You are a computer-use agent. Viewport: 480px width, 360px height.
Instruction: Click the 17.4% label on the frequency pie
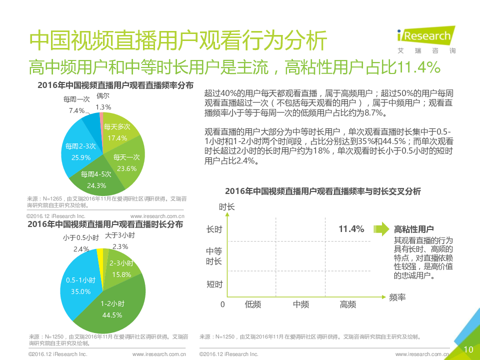pyautogui.click(x=117, y=138)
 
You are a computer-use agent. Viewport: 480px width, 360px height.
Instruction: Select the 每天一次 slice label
pyautogui.click(x=126, y=157)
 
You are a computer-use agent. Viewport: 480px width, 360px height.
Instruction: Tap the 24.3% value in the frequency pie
pyautogui.click(x=96, y=185)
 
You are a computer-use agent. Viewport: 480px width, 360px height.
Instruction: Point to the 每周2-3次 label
pyautogui.click(x=80, y=146)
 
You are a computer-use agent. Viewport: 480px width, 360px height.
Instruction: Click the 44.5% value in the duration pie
pyautogui.click(x=111, y=315)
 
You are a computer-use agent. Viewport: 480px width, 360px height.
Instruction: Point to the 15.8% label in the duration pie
pyautogui.click(x=121, y=274)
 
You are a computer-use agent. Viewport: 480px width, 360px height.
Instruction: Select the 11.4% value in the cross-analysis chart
pyautogui.click(x=351, y=229)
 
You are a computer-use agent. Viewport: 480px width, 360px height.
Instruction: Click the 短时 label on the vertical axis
pyautogui.click(x=214, y=284)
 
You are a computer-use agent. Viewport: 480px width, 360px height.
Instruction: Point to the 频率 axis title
pyautogui.click(x=397, y=297)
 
